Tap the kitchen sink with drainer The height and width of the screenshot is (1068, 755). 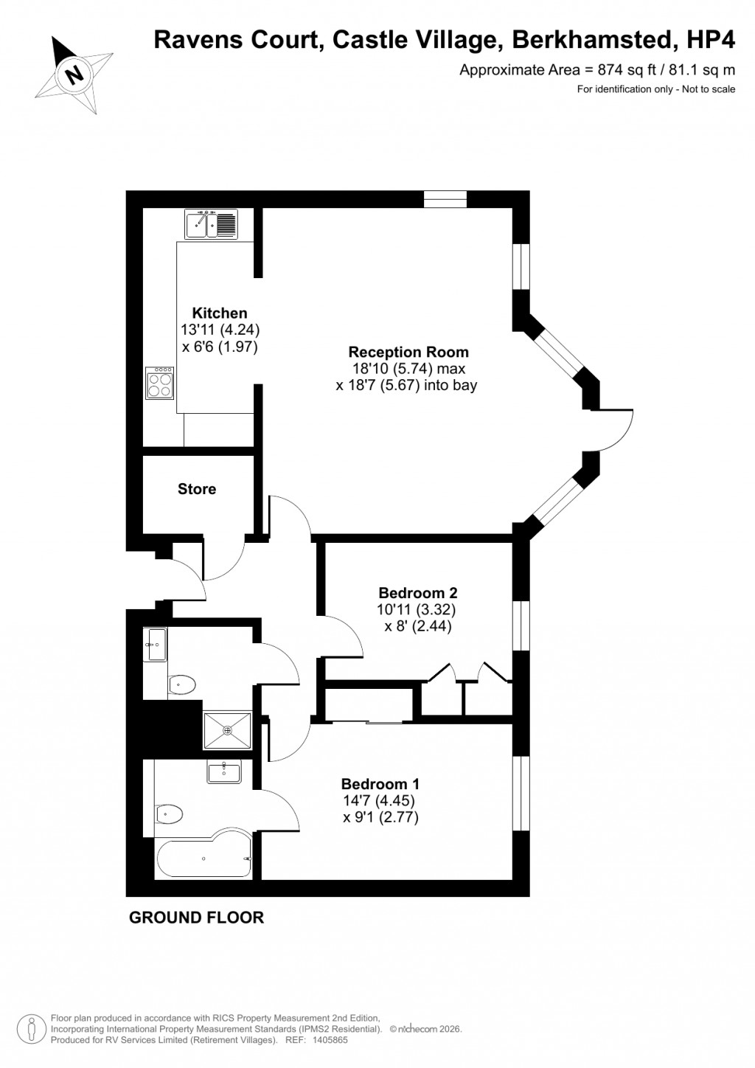coord(210,224)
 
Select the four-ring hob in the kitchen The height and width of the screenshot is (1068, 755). coord(160,383)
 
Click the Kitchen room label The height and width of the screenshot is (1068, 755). coord(220,313)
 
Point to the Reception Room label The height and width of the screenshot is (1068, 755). coord(408,352)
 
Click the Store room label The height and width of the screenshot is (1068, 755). coord(197,488)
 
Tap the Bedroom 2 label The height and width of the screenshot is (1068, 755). coord(417,592)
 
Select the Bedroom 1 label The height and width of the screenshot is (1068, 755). coord(380,784)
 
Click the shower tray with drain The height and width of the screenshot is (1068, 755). coord(227,730)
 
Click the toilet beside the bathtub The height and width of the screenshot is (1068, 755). coord(169,814)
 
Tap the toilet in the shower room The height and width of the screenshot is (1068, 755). coord(181,685)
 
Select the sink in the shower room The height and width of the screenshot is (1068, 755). coord(156,645)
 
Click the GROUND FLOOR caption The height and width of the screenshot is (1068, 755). coord(196,918)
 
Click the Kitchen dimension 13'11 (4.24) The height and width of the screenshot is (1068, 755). coord(220,330)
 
